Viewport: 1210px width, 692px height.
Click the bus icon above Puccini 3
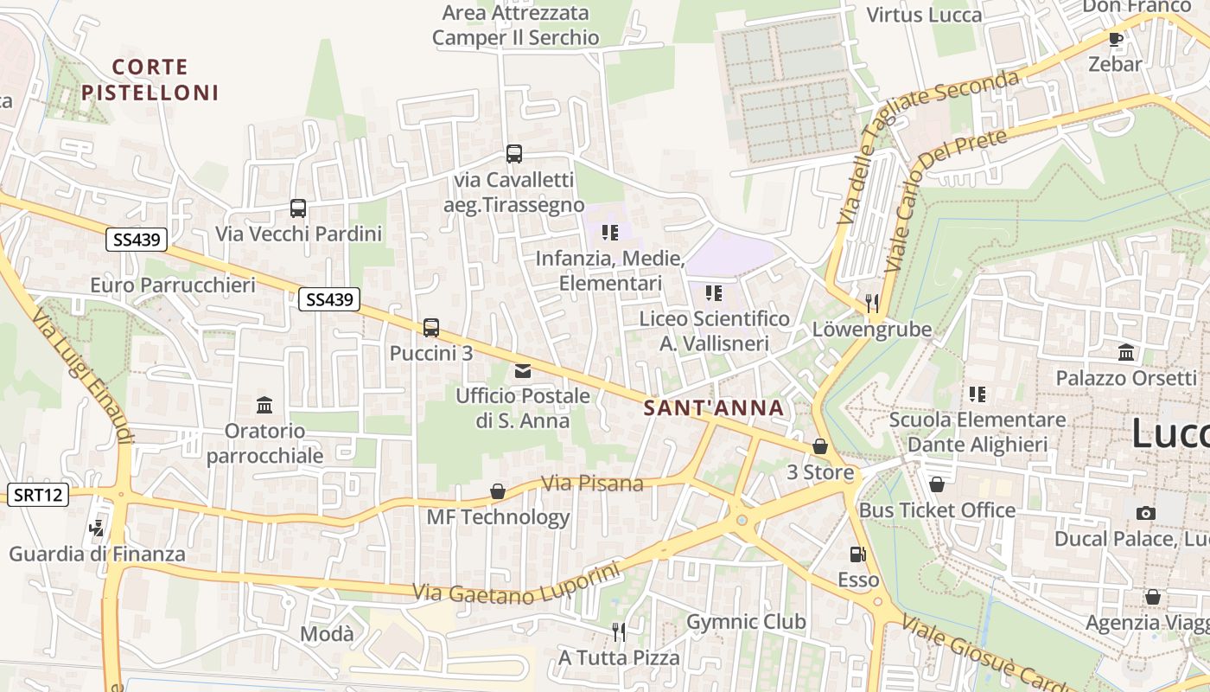coord(431,328)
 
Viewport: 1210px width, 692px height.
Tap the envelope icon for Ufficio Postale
coord(523,371)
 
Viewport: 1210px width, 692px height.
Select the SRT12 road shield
coord(38,495)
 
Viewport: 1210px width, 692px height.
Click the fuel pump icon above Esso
coord(857,554)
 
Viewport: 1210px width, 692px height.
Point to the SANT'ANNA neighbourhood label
coord(714,408)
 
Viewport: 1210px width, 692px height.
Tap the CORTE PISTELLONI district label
coord(150,80)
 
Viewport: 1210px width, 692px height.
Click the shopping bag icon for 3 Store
coord(819,446)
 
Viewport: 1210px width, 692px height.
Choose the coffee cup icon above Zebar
coord(1115,39)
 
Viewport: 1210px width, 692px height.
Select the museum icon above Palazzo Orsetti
coord(1126,352)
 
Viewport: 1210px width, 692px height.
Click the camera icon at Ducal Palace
coord(1146,513)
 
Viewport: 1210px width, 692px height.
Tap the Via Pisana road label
coord(593,483)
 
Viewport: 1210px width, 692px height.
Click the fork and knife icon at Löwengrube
coord(871,303)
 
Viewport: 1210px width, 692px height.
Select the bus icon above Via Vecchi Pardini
coord(298,208)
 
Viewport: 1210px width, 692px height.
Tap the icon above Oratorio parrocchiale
coord(264,405)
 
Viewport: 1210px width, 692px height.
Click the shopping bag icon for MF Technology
coord(498,491)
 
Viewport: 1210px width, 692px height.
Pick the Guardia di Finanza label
coord(97,554)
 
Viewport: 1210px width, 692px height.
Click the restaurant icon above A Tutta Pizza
coord(618,631)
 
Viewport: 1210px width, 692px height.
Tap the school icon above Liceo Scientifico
coord(713,293)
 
